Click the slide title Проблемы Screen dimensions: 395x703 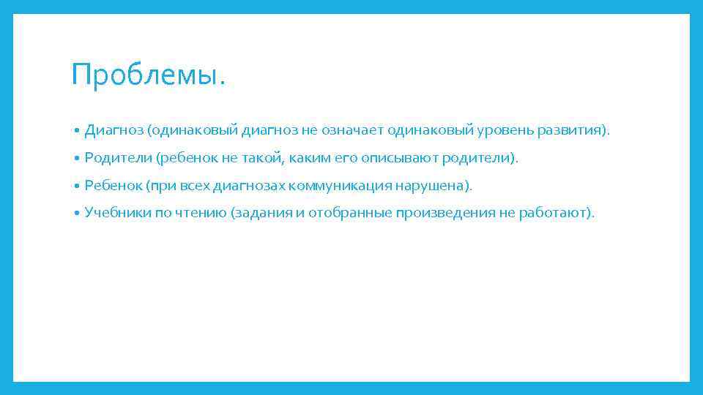[149, 75]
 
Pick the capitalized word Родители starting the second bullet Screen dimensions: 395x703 [117, 158]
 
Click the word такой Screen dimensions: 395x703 [258, 158]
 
